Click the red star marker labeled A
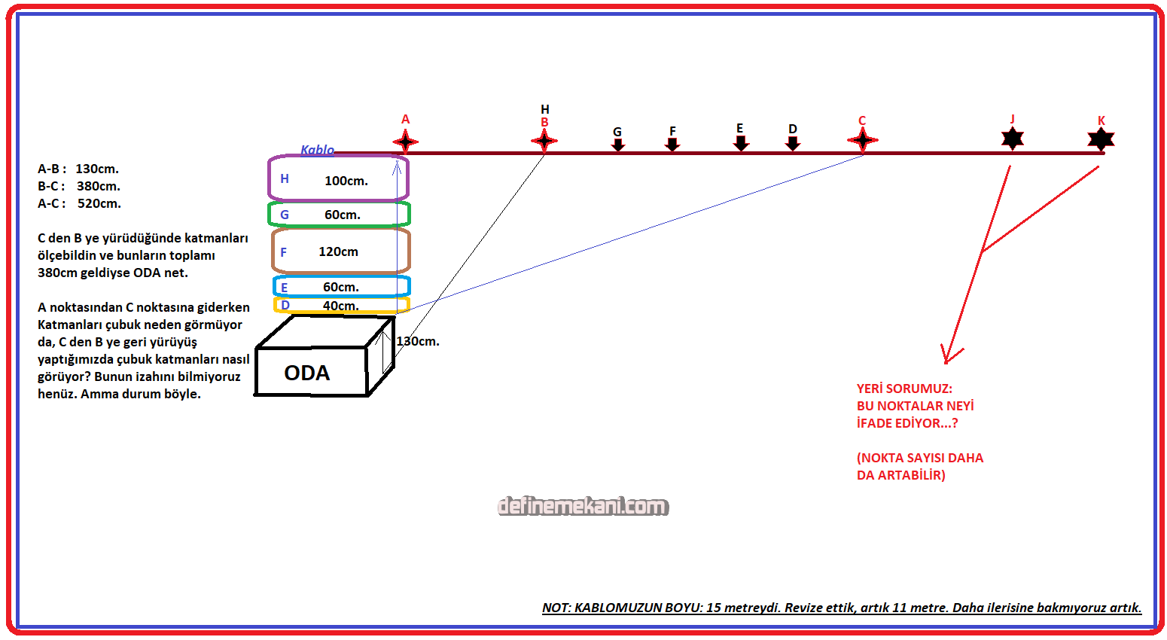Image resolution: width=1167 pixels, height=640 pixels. [405, 142]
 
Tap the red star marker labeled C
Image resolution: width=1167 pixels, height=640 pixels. [862, 140]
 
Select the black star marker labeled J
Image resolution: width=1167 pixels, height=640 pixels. [1013, 138]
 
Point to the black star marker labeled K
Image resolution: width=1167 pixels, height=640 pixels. [1101, 139]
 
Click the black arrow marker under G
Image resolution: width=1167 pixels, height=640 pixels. [618, 144]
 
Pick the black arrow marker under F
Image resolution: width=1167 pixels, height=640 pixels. [672, 143]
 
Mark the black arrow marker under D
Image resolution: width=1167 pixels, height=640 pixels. [793, 142]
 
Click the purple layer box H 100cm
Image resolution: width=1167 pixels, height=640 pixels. [339, 179]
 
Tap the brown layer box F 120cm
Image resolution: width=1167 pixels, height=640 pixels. [341, 251]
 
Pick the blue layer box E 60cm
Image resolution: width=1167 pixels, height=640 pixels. [341, 287]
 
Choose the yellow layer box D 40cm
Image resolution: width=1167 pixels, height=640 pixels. [341, 306]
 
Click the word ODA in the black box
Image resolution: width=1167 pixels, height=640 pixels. [307, 373]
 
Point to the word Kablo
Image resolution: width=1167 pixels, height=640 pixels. [317, 150]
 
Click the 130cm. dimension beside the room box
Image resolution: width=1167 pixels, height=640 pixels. [418, 341]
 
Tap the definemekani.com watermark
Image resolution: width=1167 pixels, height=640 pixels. [583, 506]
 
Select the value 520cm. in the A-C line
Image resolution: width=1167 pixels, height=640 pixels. [99, 203]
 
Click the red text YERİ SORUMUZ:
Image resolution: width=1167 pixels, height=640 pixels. [904, 389]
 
